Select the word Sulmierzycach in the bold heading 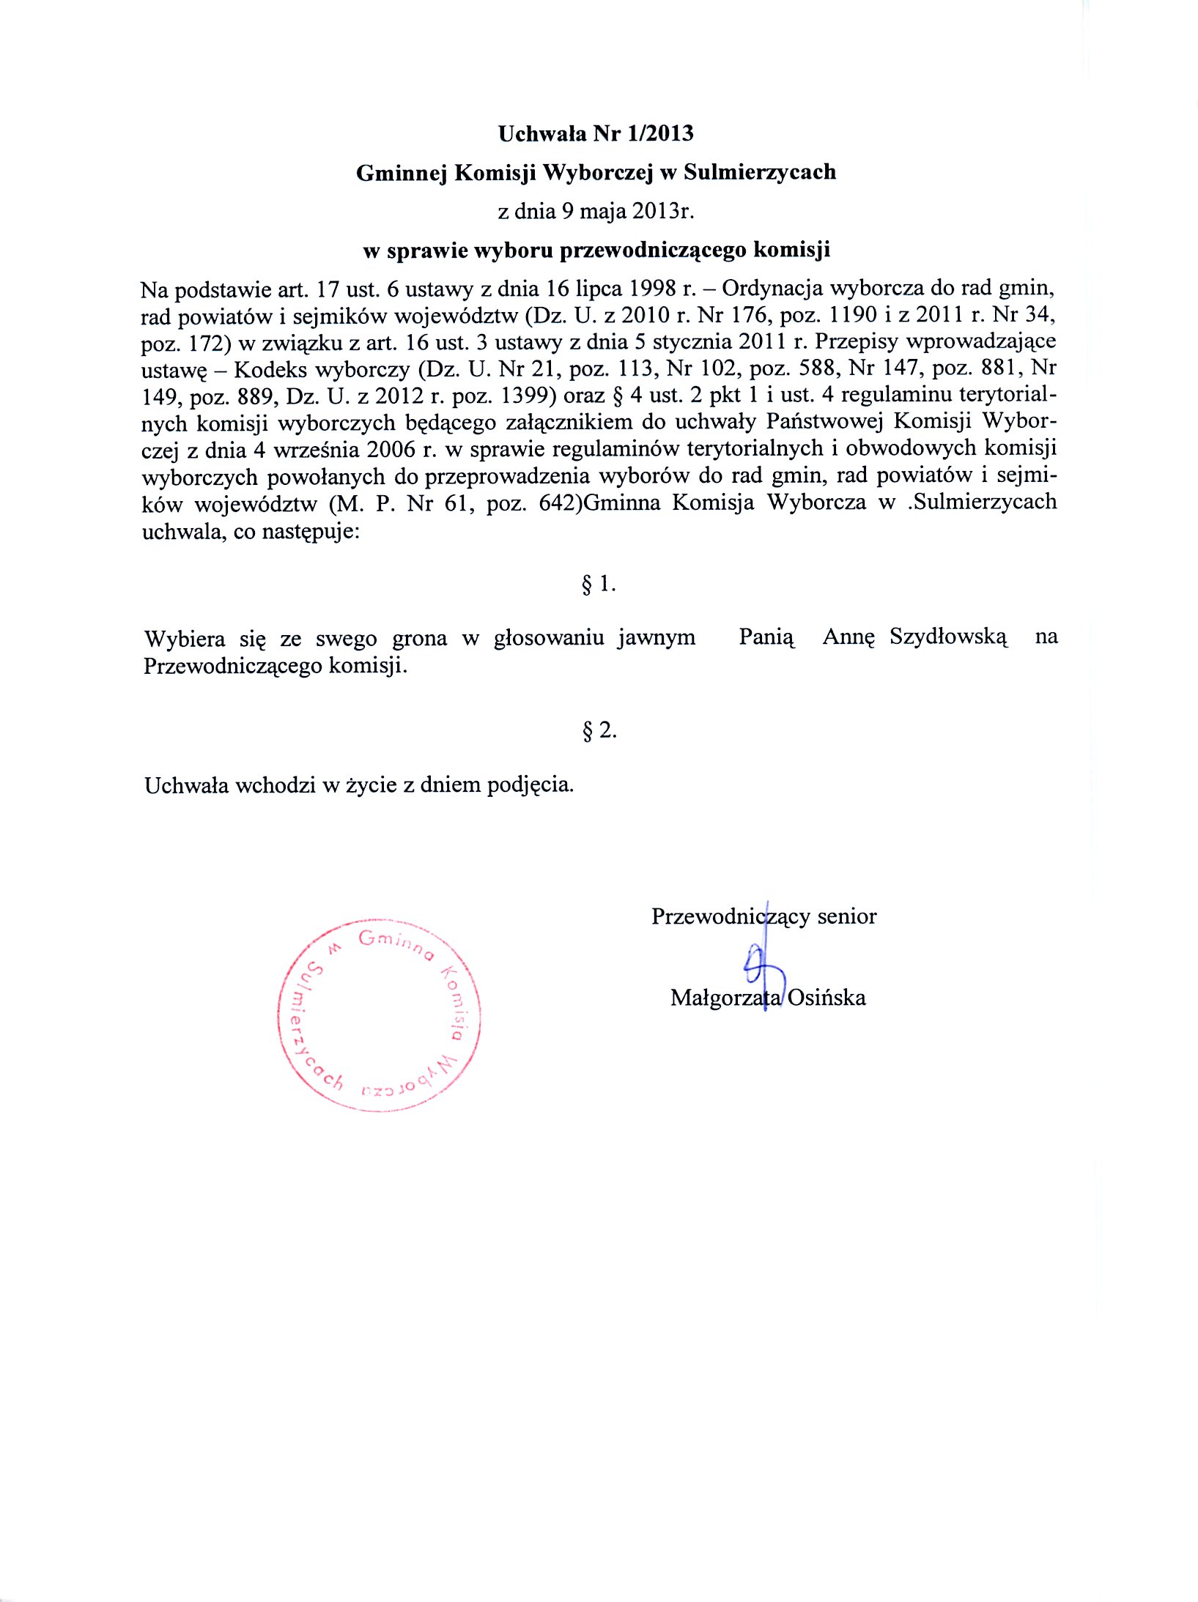tap(760, 172)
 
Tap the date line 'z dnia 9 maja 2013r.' tap(596, 211)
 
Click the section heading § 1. tap(599, 584)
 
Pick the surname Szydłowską tap(949, 637)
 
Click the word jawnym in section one tap(657, 638)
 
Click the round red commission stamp tap(380, 1015)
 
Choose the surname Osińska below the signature tap(827, 998)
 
